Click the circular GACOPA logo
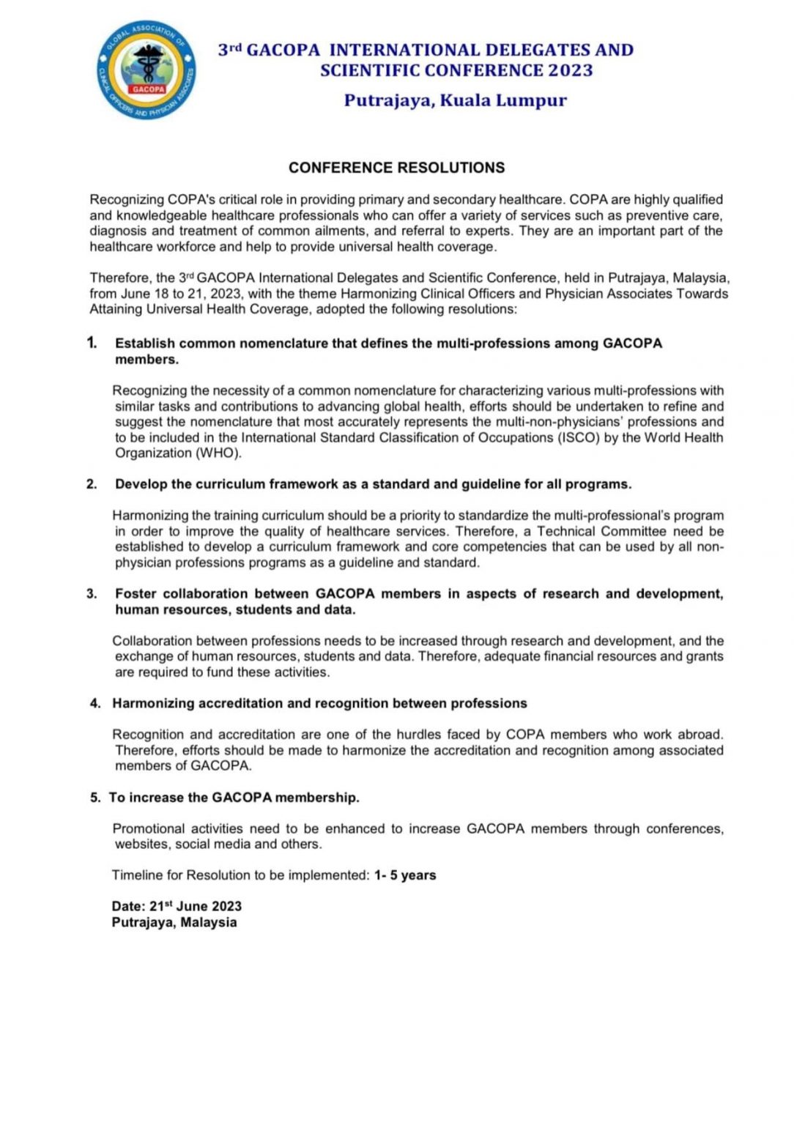[x=146, y=71]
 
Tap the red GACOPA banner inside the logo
[x=149, y=89]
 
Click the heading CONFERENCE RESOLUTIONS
[x=396, y=168]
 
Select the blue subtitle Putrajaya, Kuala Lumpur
[x=455, y=100]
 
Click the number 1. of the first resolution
[x=92, y=343]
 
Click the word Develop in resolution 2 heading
[x=141, y=484]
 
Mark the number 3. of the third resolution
[x=92, y=594]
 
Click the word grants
[x=705, y=656]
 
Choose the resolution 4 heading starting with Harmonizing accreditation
[x=319, y=703]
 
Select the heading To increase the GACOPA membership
[x=234, y=798]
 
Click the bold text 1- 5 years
[x=405, y=875]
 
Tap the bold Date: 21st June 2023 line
[x=177, y=906]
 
